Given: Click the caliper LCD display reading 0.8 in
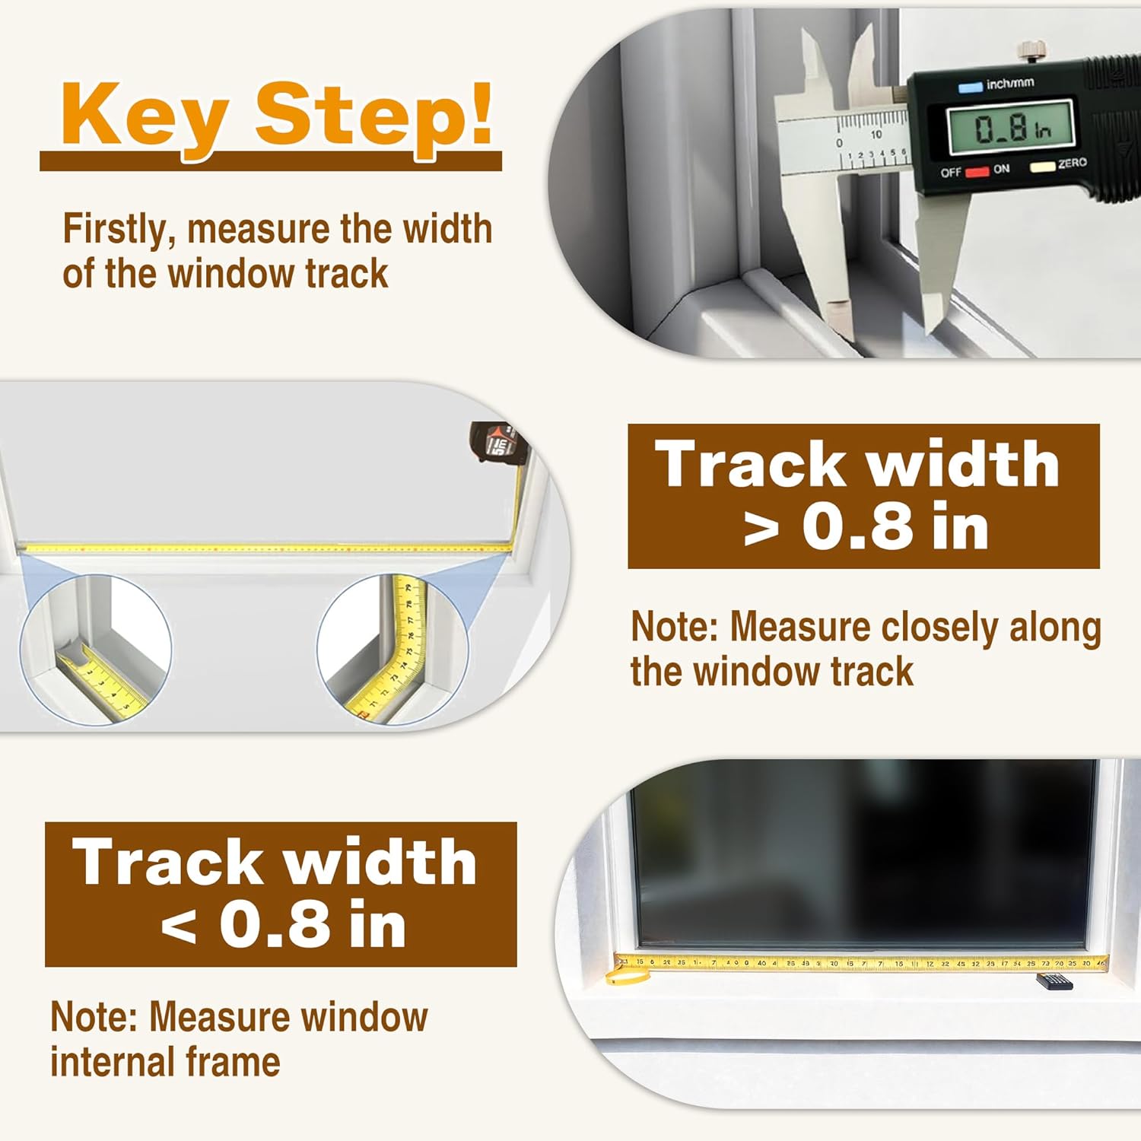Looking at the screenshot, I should pyautogui.click(x=1010, y=127).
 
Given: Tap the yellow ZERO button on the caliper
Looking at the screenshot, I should pyautogui.click(x=1041, y=166).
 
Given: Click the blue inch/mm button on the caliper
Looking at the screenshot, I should pyautogui.click(x=970, y=87).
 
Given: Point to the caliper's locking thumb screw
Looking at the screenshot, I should pyautogui.click(x=1031, y=53).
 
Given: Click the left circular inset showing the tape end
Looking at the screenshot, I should pyautogui.click(x=96, y=649).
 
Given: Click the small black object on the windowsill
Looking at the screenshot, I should pyautogui.click(x=1054, y=982).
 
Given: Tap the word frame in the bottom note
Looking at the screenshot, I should pyautogui.click(x=246, y=1062).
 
